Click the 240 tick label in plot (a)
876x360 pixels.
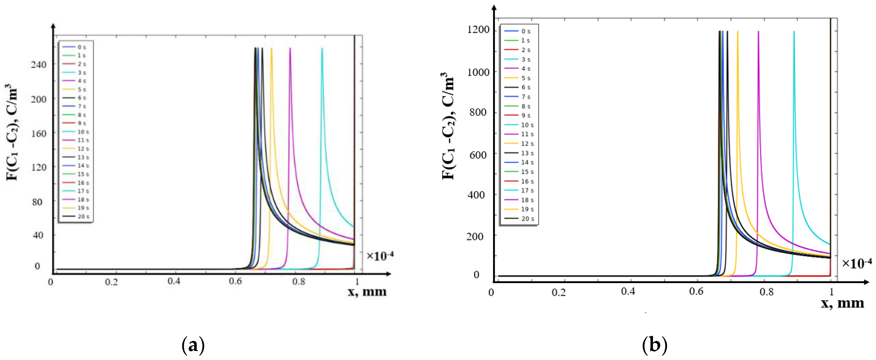pos(38,65)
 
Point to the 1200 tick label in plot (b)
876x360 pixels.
pos(478,30)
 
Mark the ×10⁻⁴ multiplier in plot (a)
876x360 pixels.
pos(380,256)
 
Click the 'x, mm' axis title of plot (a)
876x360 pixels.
pos(367,292)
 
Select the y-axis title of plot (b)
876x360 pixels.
pos(448,126)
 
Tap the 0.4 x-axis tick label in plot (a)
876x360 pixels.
pos(174,282)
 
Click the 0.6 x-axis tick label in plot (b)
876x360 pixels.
pos(696,292)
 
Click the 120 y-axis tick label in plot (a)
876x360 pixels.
pos(38,167)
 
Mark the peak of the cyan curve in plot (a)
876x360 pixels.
pos(322,49)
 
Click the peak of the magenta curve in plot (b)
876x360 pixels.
pos(758,32)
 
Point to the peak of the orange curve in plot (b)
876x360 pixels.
pos(738,32)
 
